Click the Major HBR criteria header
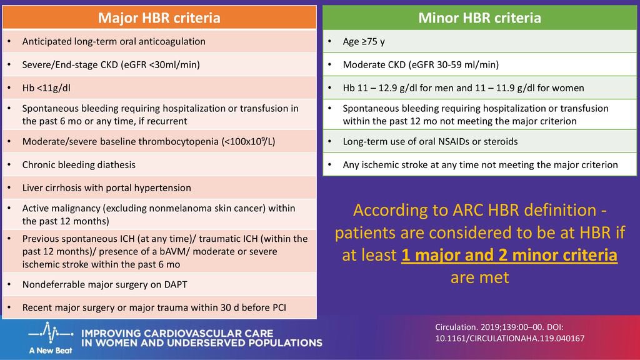pyautogui.click(x=159, y=17)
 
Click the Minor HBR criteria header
pyautogui.click(x=479, y=17)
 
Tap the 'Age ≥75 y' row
pyautogui.click(x=479, y=42)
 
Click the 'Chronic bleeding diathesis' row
pyautogui.click(x=159, y=164)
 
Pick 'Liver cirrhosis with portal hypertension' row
pyautogui.click(x=159, y=187)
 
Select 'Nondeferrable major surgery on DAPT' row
pyautogui.click(x=159, y=284)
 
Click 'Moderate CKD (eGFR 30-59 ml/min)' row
pyautogui.click(x=479, y=64)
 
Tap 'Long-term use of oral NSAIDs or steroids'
pyautogui.click(x=479, y=141)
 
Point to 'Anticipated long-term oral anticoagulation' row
pyautogui.click(x=159, y=42)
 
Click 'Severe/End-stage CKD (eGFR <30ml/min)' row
pyautogui.click(x=159, y=64)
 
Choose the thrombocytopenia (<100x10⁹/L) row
pyautogui.click(x=159, y=141)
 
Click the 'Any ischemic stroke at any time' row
pyautogui.click(x=479, y=164)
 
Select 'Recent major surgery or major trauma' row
pyautogui.click(x=159, y=307)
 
